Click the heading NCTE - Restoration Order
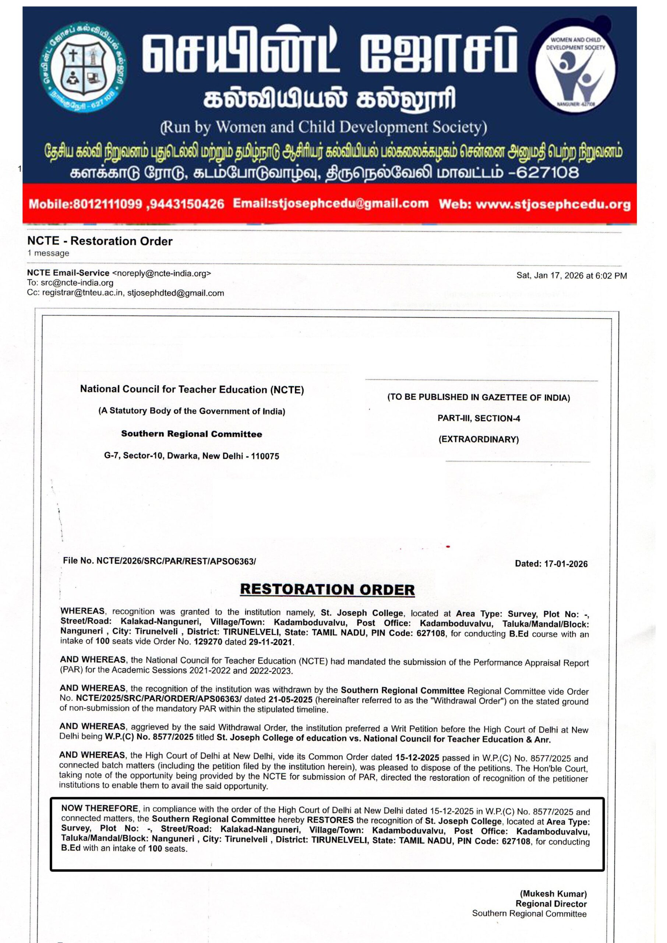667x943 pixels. coord(100,241)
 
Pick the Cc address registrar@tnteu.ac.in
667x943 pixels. coord(82,293)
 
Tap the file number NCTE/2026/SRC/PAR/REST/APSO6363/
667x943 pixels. coord(176,561)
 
